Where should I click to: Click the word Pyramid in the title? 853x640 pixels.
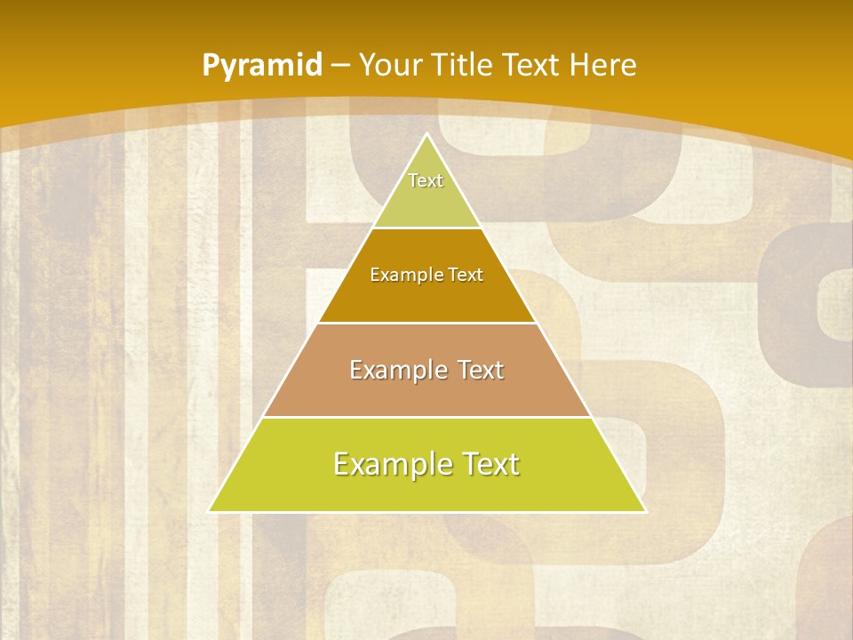click(x=262, y=66)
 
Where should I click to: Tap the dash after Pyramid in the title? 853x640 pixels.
click(x=342, y=66)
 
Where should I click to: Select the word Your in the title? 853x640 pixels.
click(x=388, y=65)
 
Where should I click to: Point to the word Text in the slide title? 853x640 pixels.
click(x=533, y=65)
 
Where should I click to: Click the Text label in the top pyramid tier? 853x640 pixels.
click(x=426, y=180)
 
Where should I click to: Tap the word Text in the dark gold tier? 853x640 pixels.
click(x=466, y=275)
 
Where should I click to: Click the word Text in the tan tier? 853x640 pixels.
click(x=476, y=370)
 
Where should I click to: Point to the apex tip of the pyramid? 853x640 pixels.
click(x=426, y=134)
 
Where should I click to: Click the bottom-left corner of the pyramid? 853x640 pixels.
click(x=211, y=511)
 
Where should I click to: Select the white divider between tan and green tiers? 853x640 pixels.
click(x=426, y=417)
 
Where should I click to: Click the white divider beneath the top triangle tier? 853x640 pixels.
click(x=426, y=228)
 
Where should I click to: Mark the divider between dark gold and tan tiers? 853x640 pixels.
click(x=426, y=323)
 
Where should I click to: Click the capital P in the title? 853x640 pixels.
click(x=211, y=65)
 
